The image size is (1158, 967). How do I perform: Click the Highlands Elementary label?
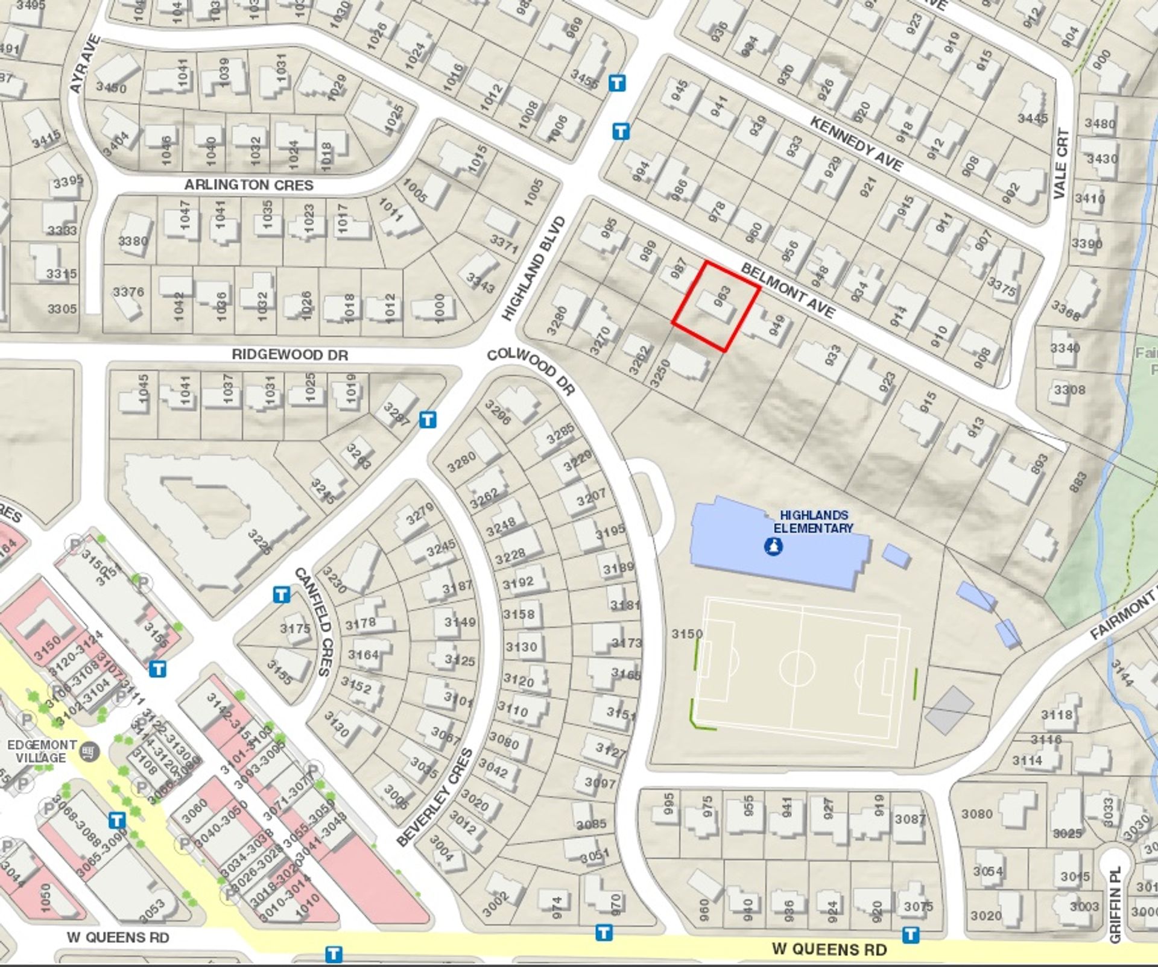tap(813, 521)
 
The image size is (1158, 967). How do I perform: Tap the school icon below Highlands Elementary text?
tap(773, 547)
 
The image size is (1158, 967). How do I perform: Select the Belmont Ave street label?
tap(788, 291)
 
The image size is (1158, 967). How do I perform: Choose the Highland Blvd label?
tap(534, 269)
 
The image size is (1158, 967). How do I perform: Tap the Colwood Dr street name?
tap(531, 371)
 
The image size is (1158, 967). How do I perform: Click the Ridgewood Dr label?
tap(289, 355)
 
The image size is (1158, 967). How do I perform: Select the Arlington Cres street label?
tap(248, 185)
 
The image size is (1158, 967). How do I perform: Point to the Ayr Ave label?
tap(84, 65)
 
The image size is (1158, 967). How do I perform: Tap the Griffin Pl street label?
tap(1115, 904)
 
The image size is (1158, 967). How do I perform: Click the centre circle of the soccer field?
tap(797, 669)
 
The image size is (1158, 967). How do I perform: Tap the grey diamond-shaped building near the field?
tap(949, 710)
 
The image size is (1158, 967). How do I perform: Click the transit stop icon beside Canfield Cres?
tap(281, 595)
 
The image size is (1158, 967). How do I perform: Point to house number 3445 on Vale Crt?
tap(1033, 118)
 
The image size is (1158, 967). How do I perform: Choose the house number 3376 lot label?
tap(128, 292)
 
